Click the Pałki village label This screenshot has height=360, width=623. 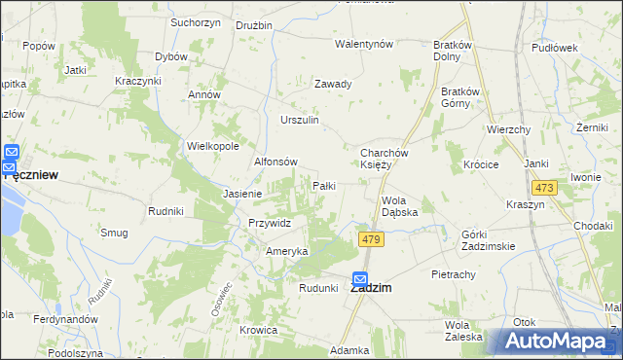pos(323,185)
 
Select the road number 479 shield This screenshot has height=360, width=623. pos(369,239)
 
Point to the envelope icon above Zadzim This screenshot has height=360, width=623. pos(360,277)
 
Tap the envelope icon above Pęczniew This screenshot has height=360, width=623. pos(12,153)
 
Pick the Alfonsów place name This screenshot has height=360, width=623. pos(275,162)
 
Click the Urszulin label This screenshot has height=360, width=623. pos(300,120)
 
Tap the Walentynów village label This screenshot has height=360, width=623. pos(363,45)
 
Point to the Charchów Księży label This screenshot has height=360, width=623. pos(389,159)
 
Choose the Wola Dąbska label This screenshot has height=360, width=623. pos(399,205)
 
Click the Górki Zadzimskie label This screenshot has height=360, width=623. pos(488,241)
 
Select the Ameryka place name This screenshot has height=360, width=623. pos(287,251)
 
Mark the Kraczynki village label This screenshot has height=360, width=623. pos(137,80)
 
